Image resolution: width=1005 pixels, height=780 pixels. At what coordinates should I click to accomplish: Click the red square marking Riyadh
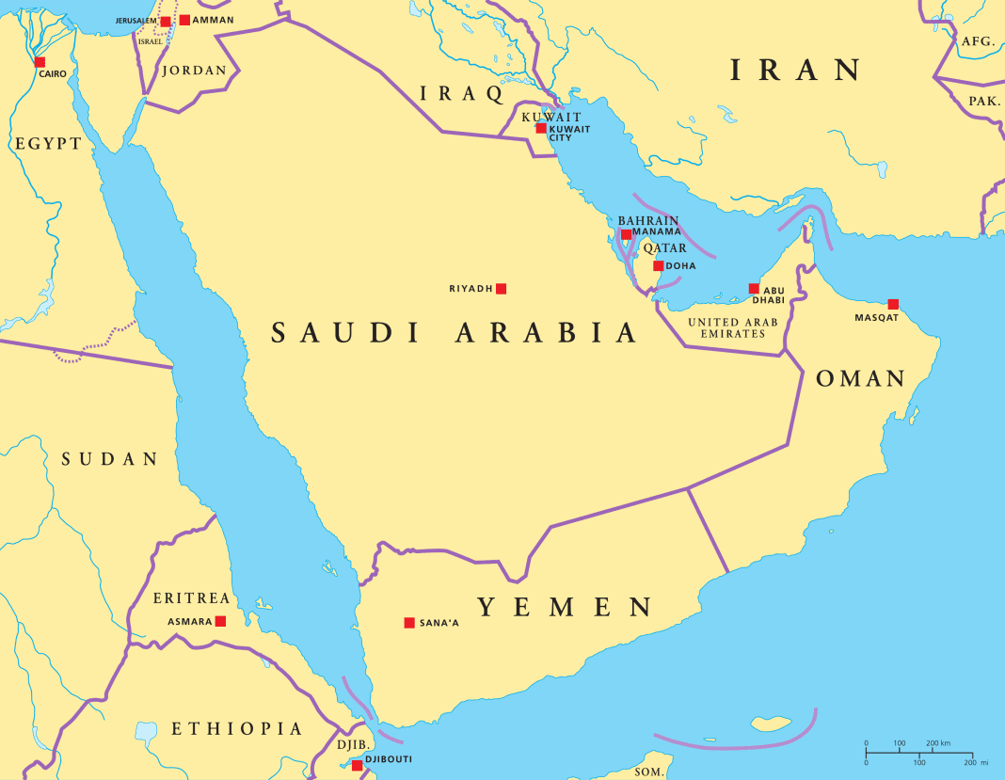(502, 289)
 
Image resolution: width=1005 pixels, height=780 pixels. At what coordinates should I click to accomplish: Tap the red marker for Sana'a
(409, 623)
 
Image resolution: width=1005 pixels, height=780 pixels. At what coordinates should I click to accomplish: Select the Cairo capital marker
(40, 62)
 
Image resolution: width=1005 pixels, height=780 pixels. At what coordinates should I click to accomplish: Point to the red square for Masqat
(893, 304)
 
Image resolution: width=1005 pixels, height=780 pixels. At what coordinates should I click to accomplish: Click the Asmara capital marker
(220, 621)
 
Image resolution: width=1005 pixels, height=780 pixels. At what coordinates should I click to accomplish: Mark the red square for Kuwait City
(541, 128)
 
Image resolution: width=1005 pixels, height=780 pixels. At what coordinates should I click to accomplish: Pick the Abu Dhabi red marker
(754, 289)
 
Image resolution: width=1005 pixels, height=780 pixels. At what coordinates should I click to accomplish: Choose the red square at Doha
(659, 266)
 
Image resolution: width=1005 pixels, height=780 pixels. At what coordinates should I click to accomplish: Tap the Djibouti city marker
(358, 765)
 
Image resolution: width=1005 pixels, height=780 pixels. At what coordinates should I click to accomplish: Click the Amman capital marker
(184, 20)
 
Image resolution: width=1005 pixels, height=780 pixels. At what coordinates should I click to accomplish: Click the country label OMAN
(860, 379)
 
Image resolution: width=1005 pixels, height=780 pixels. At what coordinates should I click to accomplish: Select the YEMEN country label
(565, 607)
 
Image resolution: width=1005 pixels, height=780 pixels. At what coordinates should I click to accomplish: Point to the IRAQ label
(462, 93)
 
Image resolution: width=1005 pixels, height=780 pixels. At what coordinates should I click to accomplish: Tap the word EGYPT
(47, 144)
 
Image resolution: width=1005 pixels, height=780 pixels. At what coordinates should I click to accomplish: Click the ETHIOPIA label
(237, 729)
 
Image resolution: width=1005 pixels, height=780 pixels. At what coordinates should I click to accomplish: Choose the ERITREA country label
(191, 598)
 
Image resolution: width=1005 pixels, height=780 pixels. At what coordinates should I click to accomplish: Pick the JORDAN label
(195, 70)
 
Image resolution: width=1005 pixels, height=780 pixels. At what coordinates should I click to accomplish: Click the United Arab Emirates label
(733, 327)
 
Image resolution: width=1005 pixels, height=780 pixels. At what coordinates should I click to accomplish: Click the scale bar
(919, 753)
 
